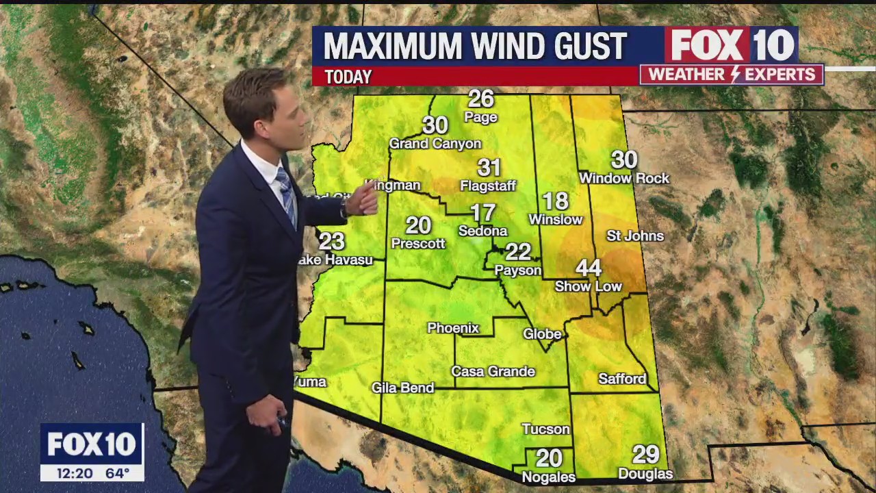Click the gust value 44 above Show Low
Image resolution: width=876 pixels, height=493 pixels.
pyautogui.click(x=589, y=268)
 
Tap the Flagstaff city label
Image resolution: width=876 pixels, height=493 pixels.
pyautogui.click(x=488, y=186)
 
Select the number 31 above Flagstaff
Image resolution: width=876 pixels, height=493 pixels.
pyautogui.click(x=489, y=167)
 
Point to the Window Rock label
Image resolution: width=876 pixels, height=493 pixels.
pyautogui.click(x=624, y=178)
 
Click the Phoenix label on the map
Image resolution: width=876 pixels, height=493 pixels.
pyautogui.click(x=453, y=328)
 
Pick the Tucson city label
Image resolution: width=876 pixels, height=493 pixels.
pyautogui.click(x=545, y=429)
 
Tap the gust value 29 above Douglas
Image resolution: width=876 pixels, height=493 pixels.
pyautogui.click(x=645, y=454)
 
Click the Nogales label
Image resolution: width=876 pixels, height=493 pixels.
pyautogui.click(x=548, y=477)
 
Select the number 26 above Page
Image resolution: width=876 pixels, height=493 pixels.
pyautogui.click(x=481, y=99)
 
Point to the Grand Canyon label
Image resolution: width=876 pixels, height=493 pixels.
pyautogui.click(x=435, y=144)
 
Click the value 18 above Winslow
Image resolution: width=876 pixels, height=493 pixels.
pyautogui.click(x=556, y=201)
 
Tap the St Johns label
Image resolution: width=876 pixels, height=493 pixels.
pyautogui.click(x=635, y=236)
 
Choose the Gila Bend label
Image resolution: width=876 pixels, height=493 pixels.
pyautogui.click(x=402, y=388)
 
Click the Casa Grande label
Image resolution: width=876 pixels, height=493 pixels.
pyautogui.click(x=493, y=371)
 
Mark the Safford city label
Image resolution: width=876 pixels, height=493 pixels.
pyautogui.click(x=622, y=379)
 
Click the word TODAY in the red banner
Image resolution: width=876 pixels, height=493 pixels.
pyautogui.click(x=348, y=77)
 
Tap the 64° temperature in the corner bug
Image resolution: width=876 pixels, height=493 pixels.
pyautogui.click(x=117, y=472)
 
